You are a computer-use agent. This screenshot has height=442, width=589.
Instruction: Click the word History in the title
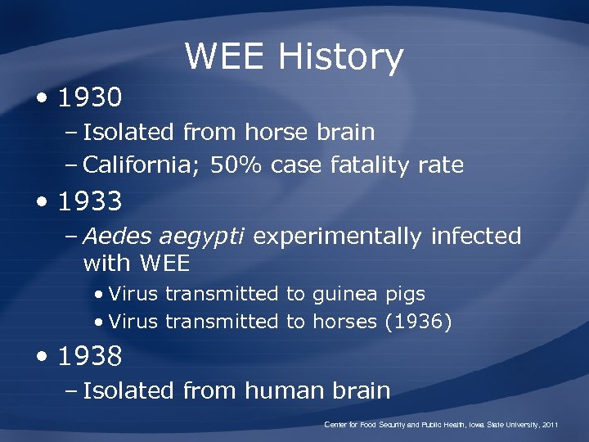coord(340,58)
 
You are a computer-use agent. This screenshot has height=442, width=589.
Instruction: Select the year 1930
coord(90,99)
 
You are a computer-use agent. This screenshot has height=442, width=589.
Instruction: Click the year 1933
coord(90,201)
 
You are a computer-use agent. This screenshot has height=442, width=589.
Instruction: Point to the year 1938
coord(90,356)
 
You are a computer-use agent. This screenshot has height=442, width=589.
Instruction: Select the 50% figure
coord(237,165)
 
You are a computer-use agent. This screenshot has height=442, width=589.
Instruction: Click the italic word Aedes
coord(117,237)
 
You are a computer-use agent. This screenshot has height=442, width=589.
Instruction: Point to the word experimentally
coord(337,237)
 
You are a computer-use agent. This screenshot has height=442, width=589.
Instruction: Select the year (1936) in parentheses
coord(418,322)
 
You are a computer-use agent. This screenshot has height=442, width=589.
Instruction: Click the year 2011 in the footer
coord(550,426)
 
